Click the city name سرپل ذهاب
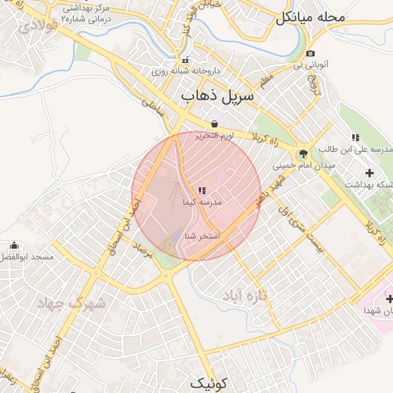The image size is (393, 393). tap(216, 97)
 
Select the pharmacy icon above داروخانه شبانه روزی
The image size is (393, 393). tap(183, 60)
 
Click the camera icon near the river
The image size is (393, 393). tap(309, 54)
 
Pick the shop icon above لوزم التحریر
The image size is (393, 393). tap(214, 124)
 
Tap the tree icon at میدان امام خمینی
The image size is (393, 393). tap(304, 154)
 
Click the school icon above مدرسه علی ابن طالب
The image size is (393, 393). tap(355, 138)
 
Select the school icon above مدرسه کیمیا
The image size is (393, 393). tap(202, 190)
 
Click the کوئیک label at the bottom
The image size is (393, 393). tap(209, 383)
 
